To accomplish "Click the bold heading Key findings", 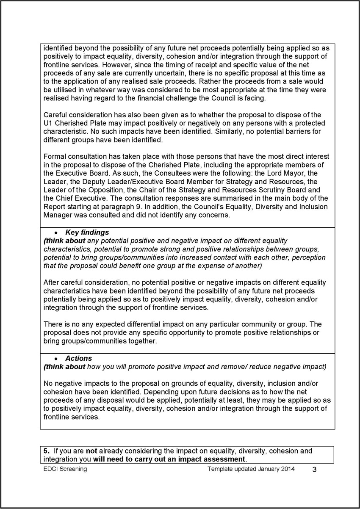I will (87, 232).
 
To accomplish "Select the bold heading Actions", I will (78, 358).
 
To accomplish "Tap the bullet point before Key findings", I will (56, 233).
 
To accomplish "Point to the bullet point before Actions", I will (56, 359).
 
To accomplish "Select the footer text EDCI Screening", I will (65, 469).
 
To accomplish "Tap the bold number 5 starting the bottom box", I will (46, 451).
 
